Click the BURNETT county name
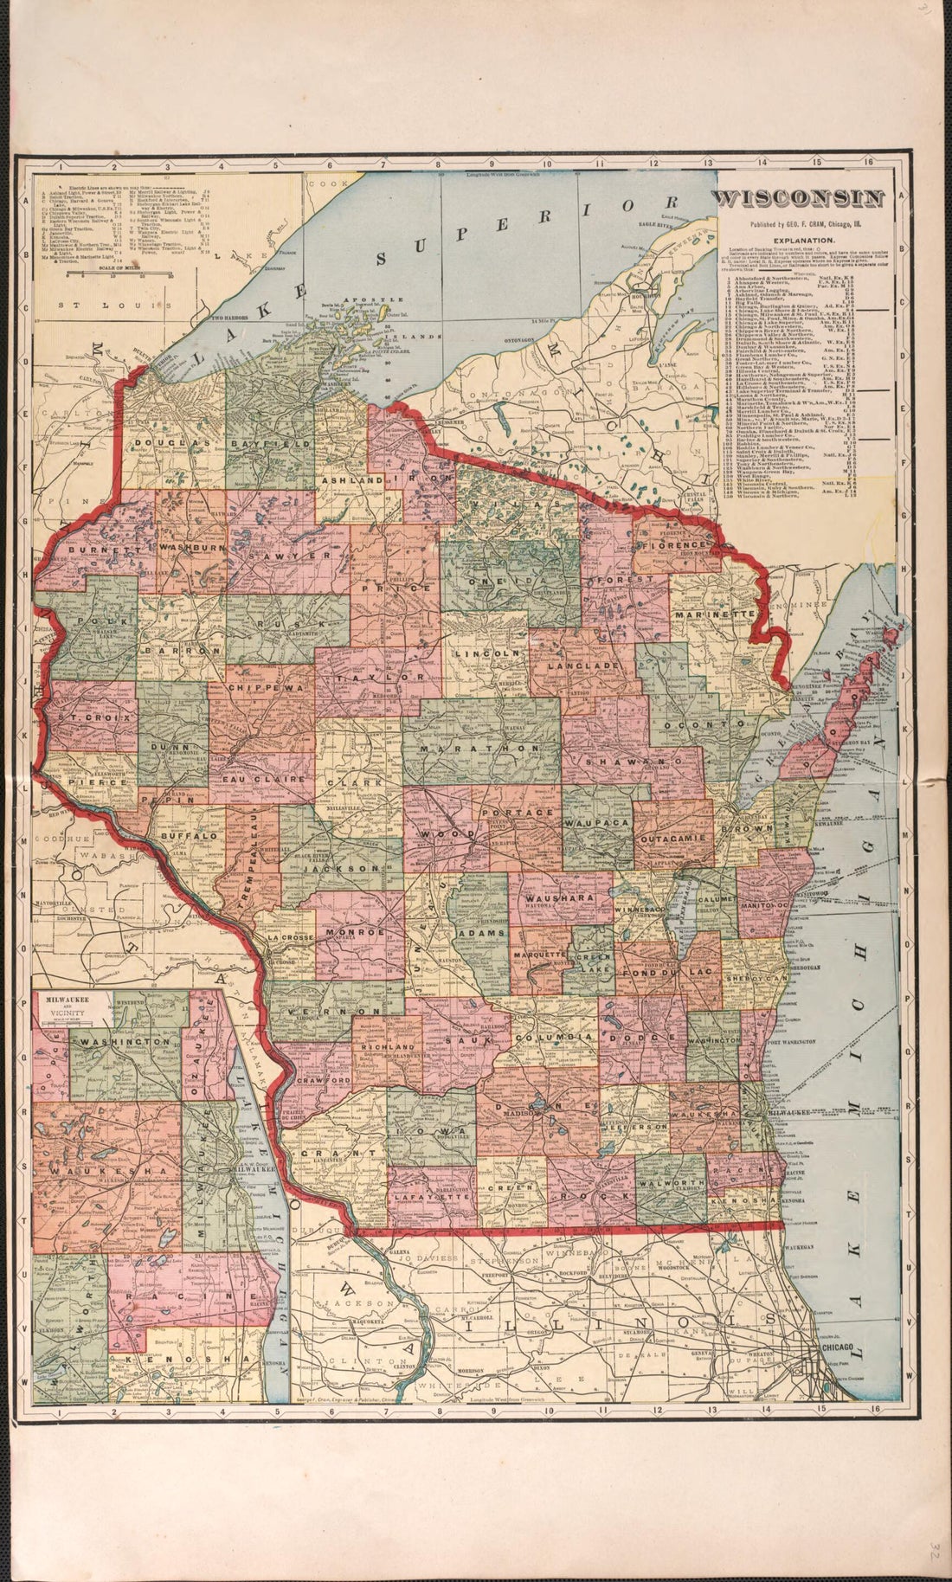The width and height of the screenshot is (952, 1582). click(94, 549)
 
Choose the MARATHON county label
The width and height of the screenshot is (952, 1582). click(482, 747)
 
